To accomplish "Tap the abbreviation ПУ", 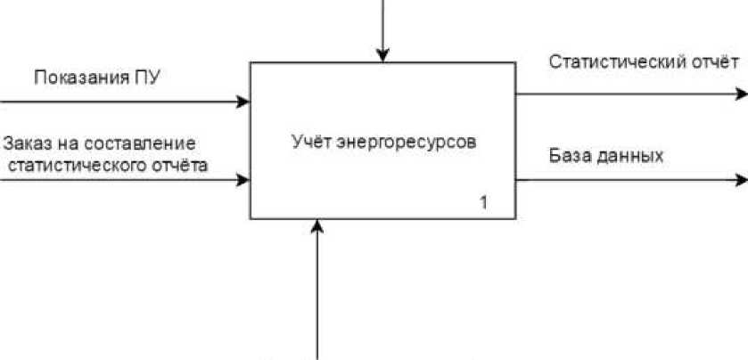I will click(x=144, y=78).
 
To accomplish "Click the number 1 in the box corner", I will click(x=484, y=203).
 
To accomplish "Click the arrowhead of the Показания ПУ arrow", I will click(x=243, y=102).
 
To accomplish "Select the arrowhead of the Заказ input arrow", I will click(x=243, y=181).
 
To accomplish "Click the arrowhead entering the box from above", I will click(x=382, y=55).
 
